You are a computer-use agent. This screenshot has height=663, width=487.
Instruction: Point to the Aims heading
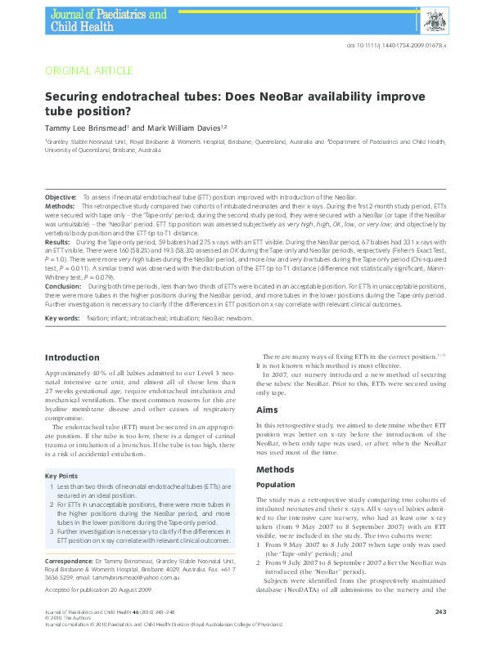(x=266, y=410)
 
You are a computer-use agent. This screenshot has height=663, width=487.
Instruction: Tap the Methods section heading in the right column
(x=276, y=470)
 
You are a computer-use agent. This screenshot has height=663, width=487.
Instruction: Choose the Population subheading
(x=277, y=485)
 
